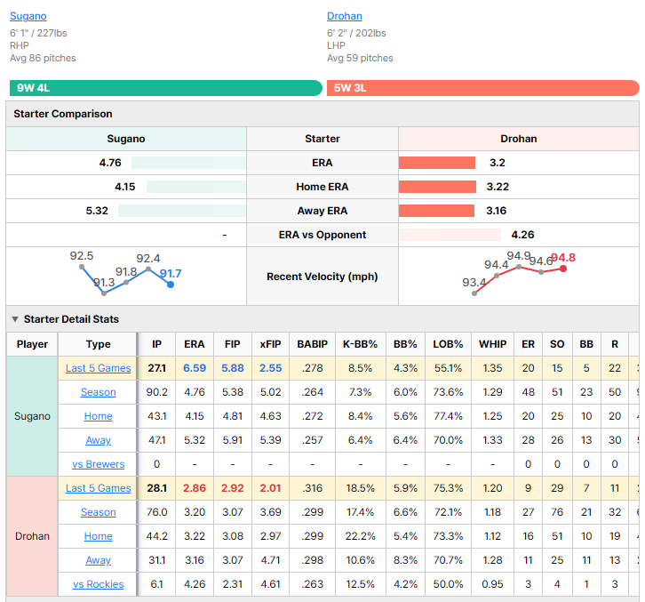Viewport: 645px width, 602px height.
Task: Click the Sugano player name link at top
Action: tap(28, 16)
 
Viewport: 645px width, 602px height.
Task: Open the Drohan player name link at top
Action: tap(345, 16)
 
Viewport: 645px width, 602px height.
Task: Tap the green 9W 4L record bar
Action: tap(166, 88)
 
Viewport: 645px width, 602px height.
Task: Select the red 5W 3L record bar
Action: tap(483, 88)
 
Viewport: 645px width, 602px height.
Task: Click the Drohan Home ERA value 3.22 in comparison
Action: tap(498, 187)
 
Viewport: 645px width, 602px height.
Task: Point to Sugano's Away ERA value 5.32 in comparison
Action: tap(97, 211)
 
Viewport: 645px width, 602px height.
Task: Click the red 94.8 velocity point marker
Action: tap(563, 269)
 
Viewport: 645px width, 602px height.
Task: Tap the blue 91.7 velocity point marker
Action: tap(171, 285)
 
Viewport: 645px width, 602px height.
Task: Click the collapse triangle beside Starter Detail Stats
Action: tap(15, 319)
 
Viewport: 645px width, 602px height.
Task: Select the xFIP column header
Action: tap(270, 344)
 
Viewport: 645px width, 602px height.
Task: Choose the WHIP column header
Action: tap(492, 344)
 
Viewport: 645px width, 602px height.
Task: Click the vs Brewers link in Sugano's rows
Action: tap(99, 464)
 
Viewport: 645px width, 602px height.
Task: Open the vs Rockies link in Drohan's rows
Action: tap(99, 584)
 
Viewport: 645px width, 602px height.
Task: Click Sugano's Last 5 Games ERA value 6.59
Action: tap(195, 368)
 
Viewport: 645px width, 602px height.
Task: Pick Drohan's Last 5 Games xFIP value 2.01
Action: tap(270, 488)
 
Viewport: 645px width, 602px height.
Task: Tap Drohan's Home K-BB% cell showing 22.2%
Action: tap(361, 536)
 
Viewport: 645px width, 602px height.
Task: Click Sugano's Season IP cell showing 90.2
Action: tap(156, 392)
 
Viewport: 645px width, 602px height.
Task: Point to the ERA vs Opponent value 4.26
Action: tap(522, 235)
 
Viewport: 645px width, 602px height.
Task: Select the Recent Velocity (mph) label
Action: tap(322, 277)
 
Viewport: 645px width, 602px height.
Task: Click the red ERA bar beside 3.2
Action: tap(437, 163)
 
